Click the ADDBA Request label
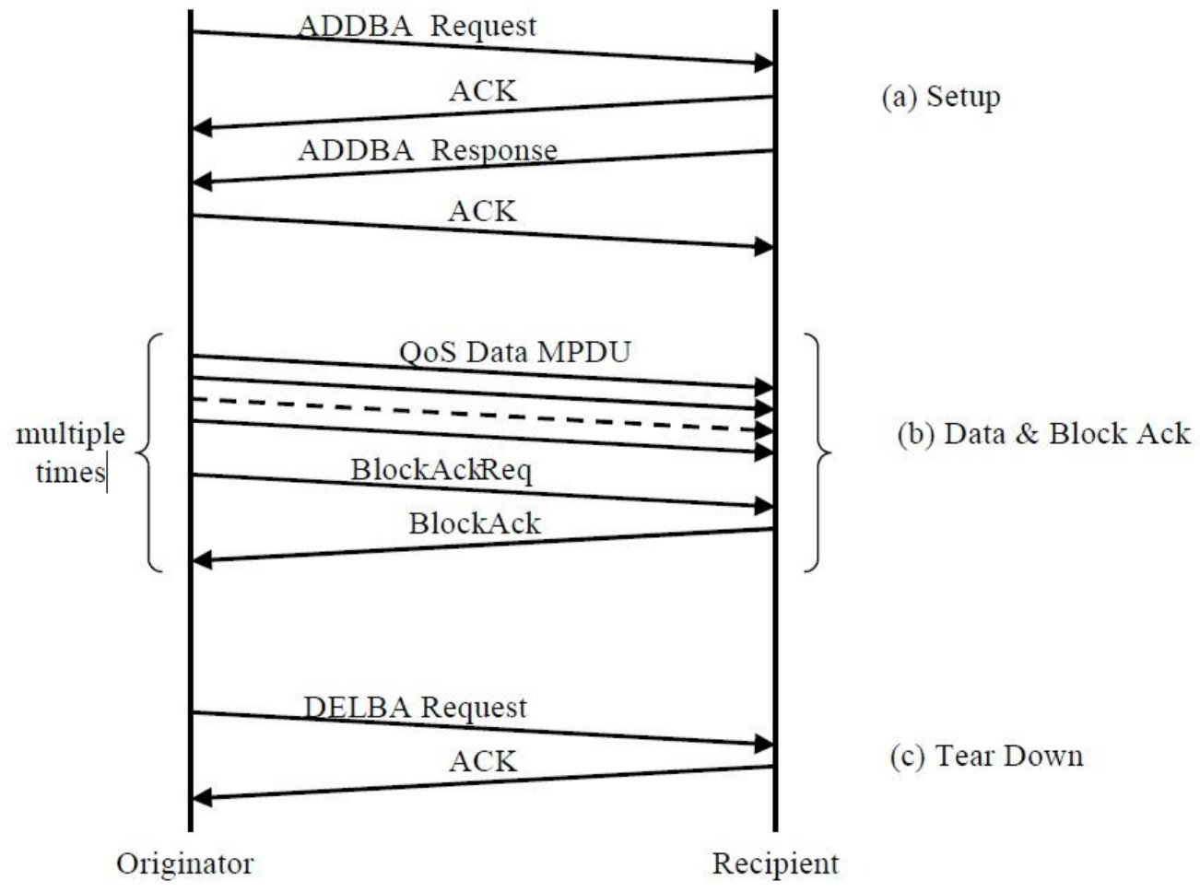pyautogui.click(x=416, y=27)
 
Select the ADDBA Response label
pyautogui.click(x=427, y=150)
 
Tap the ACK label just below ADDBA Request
pyautogui.click(x=483, y=90)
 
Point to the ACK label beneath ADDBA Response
pyautogui.click(x=483, y=211)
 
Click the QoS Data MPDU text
pyautogui.click(x=514, y=352)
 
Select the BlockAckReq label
pyautogui.click(x=441, y=470)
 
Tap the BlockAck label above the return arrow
pyautogui.click(x=475, y=523)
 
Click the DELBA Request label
pyautogui.click(x=415, y=708)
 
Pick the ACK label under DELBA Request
pyautogui.click(x=483, y=761)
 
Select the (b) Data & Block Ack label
pyautogui.click(x=1043, y=434)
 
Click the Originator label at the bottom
pyautogui.click(x=184, y=863)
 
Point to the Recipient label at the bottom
pyautogui.click(x=775, y=863)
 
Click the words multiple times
pyautogui.click(x=70, y=453)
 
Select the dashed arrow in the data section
pyautogui.click(x=479, y=415)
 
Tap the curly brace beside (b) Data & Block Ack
pyautogui.click(x=818, y=452)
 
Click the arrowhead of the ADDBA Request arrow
pyautogui.click(x=764, y=64)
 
